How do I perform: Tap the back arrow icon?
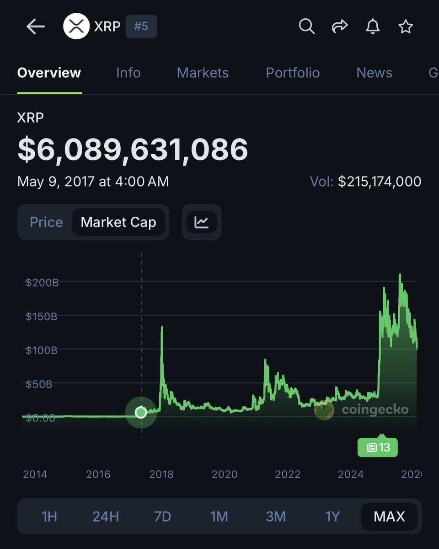[36, 27]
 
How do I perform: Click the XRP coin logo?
[76, 27]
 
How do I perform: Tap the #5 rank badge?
[141, 27]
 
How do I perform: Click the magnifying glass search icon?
[307, 27]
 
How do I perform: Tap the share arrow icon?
[340, 27]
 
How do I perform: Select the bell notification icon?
[373, 27]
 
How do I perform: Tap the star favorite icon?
[406, 27]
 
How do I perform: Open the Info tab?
[128, 73]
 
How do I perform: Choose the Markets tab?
[203, 73]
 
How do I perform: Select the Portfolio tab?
[293, 73]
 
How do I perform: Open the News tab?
[374, 73]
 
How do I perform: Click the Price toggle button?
[46, 222]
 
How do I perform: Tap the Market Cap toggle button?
[118, 222]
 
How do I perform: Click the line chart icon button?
[202, 222]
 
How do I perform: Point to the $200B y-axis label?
[42, 282]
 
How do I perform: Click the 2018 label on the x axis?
[161, 474]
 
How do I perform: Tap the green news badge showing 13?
[378, 447]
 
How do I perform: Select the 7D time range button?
[162, 517]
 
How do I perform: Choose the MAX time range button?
[389, 517]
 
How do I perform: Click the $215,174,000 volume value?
[380, 182]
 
